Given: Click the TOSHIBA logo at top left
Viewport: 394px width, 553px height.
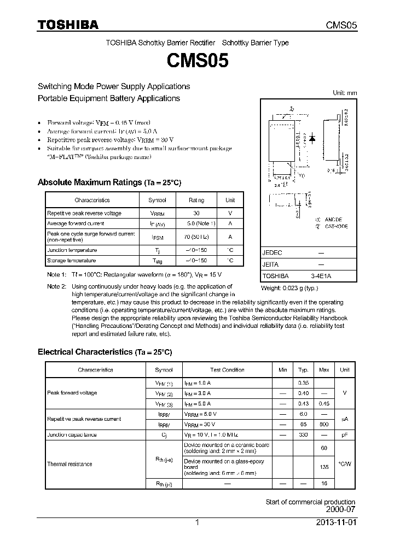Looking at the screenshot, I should [x=68, y=25].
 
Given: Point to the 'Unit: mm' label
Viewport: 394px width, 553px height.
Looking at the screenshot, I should [x=345, y=93].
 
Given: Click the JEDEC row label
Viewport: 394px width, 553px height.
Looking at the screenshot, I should [x=272, y=253].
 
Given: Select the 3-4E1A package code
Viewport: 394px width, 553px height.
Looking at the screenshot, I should [x=321, y=276].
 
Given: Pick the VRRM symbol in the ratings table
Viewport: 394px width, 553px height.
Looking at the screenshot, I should [x=157, y=213].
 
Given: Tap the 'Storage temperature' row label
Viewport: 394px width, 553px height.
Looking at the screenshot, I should [x=71, y=261].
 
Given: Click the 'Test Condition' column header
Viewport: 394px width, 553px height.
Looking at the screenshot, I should [x=227, y=370].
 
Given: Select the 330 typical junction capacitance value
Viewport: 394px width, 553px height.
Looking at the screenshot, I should [x=303, y=434].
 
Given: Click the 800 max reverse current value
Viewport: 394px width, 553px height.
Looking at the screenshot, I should [x=324, y=424].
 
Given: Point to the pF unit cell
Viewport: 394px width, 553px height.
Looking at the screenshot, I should [x=344, y=434].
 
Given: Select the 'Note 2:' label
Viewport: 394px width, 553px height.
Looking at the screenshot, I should [x=56, y=286].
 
